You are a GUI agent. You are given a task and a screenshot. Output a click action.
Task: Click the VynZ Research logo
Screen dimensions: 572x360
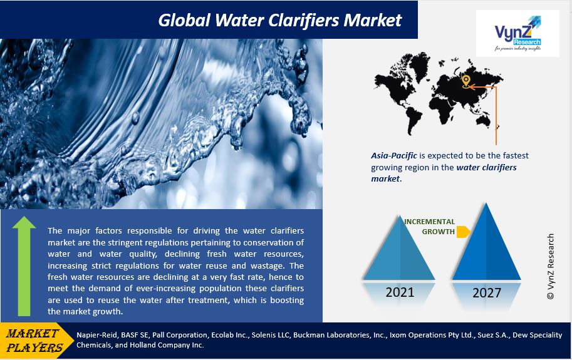click(x=517, y=34)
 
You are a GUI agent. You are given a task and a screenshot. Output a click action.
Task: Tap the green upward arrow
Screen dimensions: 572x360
click(x=24, y=266)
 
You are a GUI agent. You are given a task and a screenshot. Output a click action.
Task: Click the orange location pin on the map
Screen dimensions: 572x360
click(x=465, y=81)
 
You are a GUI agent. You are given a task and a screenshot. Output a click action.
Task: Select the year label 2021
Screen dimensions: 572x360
click(x=400, y=292)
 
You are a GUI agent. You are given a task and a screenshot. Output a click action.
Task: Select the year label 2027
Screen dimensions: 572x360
click(x=487, y=293)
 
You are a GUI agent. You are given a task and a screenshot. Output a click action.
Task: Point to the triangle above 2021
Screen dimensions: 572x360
click(x=400, y=248)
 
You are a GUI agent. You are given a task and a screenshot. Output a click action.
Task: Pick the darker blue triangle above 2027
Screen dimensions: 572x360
click(x=487, y=242)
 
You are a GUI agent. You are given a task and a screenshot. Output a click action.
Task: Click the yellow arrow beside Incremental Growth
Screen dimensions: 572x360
click(x=463, y=232)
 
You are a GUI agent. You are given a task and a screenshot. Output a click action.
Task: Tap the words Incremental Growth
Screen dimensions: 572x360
click(x=429, y=226)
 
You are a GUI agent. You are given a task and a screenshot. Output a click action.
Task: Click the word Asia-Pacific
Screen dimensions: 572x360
click(x=394, y=156)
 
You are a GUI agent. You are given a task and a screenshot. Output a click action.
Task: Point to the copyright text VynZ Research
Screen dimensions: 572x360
click(x=551, y=266)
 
